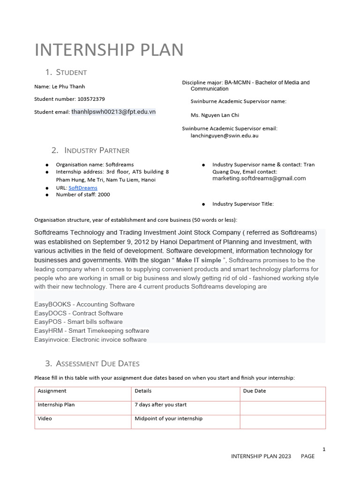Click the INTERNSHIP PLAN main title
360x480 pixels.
[109, 50]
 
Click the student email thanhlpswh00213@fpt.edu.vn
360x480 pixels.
[113, 112]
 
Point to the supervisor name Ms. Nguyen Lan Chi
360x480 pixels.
[215, 115]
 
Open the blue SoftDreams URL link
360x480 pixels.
[83, 187]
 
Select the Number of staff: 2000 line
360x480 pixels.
[83, 195]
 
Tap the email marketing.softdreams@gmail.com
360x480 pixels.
[259, 178]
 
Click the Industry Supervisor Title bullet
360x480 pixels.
[243, 204]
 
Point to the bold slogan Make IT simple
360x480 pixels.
[198, 260]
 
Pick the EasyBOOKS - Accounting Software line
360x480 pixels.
[84, 305]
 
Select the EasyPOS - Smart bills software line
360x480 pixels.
[78, 322]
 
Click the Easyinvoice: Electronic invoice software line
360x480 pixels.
[90, 340]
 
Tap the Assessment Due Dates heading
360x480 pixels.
[97, 364]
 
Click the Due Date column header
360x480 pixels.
[255, 391]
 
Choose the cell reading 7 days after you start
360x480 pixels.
[160, 405]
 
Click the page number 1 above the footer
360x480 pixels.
[324, 450]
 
